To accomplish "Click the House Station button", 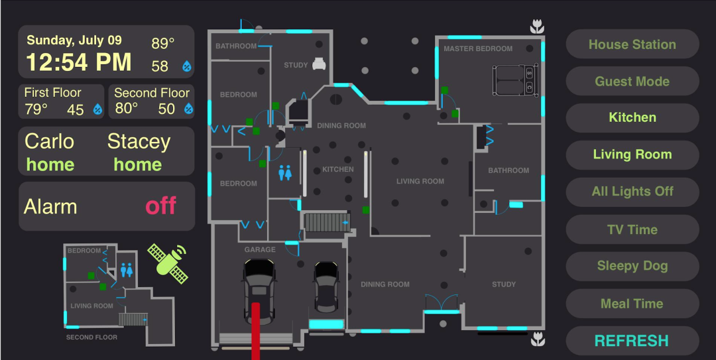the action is click(x=632, y=44).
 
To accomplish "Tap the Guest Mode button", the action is click(x=632, y=82).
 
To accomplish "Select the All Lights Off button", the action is click(x=632, y=192).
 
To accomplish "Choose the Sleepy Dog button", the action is click(x=632, y=266).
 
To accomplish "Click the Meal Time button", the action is click(x=632, y=304).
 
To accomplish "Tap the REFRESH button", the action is click(x=632, y=341).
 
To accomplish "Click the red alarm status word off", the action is click(x=161, y=206).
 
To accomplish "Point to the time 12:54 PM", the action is click(x=79, y=62).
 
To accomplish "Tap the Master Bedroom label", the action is click(x=478, y=49).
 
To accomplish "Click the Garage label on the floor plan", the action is click(x=260, y=250).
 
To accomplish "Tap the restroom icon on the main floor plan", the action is click(x=285, y=172).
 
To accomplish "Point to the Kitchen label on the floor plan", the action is click(x=338, y=170).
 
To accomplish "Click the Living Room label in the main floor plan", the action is click(x=420, y=182).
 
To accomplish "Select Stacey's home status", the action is click(x=137, y=164).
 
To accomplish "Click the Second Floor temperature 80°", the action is click(x=127, y=109).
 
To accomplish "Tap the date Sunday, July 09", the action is click(x=74, y=40).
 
